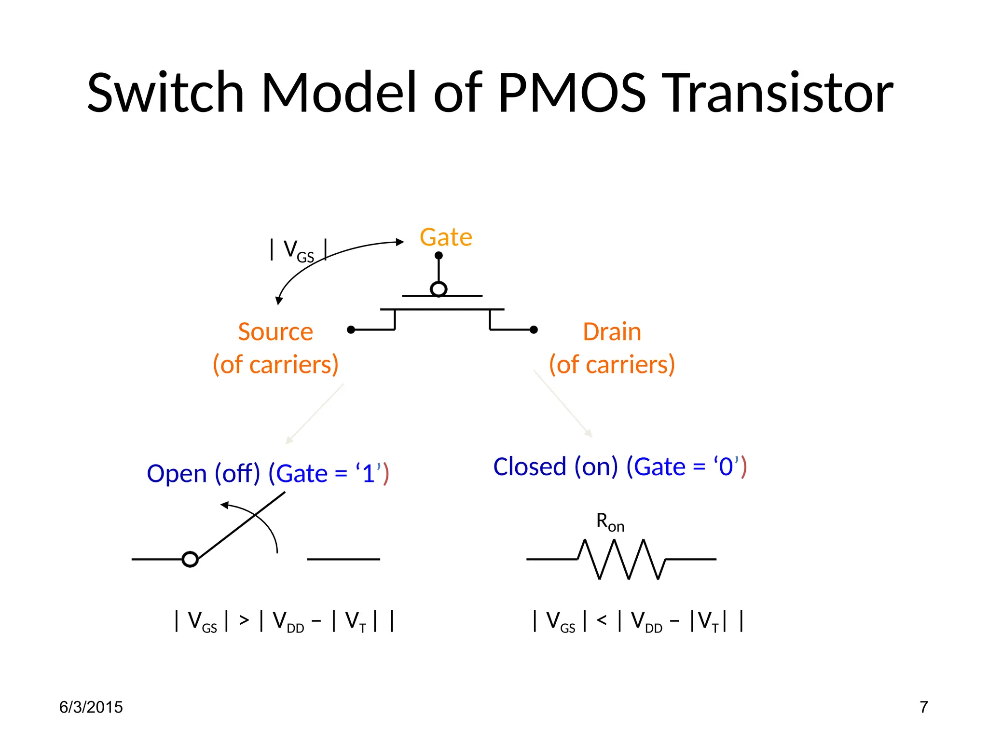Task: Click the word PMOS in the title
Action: click(572, 93)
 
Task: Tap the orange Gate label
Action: click(446, 237)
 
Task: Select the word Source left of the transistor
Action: click(275, 332)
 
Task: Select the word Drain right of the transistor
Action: click(612, 332)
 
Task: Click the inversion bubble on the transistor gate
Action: click(439, 289)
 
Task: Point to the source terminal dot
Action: click(351, 329)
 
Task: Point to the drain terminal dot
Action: click(534, 329)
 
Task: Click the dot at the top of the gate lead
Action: click(439, 255)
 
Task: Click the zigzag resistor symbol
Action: click(621, 559)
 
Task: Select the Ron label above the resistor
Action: click(610, 522)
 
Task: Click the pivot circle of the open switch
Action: click(190, 559)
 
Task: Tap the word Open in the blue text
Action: click(177, 473)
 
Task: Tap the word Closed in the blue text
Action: click(529, 467)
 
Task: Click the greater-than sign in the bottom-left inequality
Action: click(244, 620)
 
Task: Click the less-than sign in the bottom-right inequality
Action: click(602, 620)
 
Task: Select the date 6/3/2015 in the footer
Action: click(91, 707)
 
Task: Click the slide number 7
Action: click(923, 707)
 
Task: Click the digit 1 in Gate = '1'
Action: click(369, 473)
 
